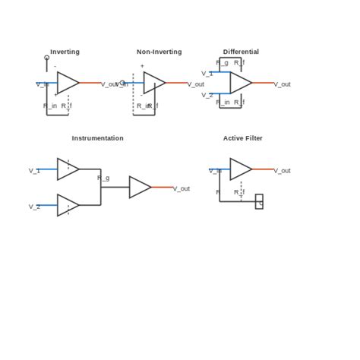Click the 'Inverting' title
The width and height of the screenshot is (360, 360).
(65, 52)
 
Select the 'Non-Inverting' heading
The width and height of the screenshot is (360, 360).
(159, 52)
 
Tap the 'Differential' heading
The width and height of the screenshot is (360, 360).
(241, 52)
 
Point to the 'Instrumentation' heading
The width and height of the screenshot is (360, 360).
(97, 138)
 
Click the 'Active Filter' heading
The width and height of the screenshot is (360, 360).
(242, 138)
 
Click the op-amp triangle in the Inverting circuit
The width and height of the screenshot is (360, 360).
(67, 83)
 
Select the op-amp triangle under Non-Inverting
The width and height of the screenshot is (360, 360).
(153, 83)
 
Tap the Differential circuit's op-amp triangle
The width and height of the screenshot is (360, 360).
(240, 83)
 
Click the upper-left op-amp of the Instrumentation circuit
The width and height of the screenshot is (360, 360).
(67, 169)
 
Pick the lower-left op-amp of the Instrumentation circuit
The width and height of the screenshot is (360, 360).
(67, 205)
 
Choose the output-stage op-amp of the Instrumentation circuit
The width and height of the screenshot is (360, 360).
(139, 187)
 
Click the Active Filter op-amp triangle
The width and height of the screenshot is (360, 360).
(240, 169)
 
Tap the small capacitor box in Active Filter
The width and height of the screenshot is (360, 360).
(259, 201)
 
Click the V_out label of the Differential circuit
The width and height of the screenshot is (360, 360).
(282, 84)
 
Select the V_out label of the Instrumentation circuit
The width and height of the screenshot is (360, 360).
(181, 188)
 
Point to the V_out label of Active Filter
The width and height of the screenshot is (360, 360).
(282, 171)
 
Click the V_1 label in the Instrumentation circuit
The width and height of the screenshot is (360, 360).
(34, 171)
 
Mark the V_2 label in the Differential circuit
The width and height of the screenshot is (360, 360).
(207, 95)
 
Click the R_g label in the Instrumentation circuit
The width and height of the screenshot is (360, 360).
(103, 178)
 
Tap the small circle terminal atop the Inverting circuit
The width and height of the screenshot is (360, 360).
(47, 58)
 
